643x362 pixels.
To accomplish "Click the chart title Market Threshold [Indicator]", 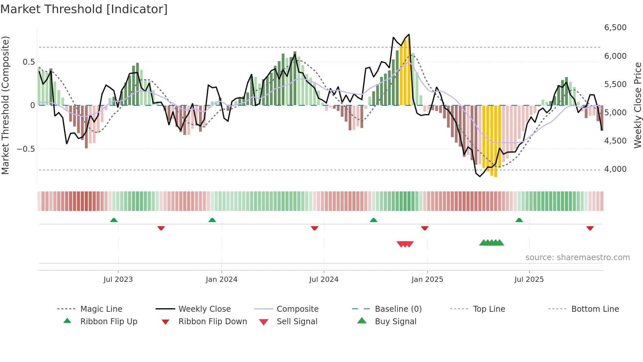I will (x=84, y=9).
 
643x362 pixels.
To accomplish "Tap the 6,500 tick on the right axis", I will (x=615, y=28).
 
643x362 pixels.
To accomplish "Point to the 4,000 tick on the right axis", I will (x=615, y=169).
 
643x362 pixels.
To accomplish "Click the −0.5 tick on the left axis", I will (x=26, y=149).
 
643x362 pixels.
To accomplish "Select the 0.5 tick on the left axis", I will (x=29, y=62).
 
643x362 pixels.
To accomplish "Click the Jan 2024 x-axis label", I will (x=221, y=280).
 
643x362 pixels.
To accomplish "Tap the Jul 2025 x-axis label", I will (x=529, y=280).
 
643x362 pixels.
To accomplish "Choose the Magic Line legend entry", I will (x=101, y=309).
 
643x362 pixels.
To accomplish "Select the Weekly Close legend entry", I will (x=204, y=309).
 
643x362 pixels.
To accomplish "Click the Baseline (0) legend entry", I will (x=398, y=309).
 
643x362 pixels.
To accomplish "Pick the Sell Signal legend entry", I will (x=297, y=322).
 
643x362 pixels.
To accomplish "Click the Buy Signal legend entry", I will (x=395, y=322).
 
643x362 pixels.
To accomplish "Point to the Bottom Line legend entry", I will (x=595, y=309).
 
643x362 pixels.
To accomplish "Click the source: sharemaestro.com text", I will (x=577, y=258).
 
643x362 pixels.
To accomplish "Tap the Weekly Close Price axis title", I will (x=637, y=105).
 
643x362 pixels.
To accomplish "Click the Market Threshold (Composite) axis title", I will (x=5, y=105).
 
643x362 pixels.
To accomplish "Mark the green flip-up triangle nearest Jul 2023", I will (x=114, y=220).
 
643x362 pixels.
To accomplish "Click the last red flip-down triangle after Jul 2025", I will (x=590, y=228).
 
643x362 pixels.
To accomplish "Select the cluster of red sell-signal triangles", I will (x=405, y=244).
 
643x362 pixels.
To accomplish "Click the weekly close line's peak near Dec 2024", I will (x=409, y=34).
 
